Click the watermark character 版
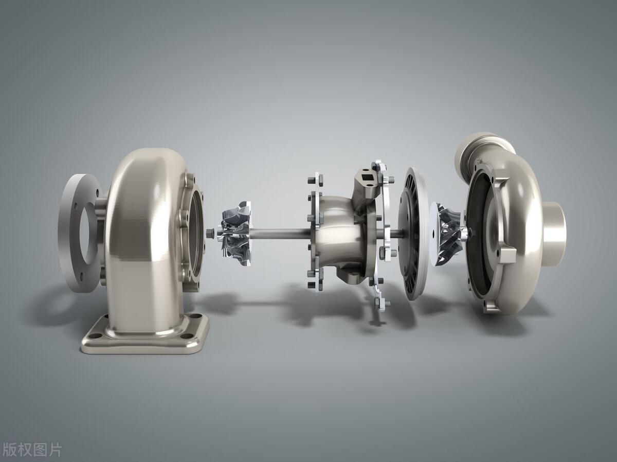click(x=9, y=450)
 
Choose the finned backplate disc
click(x=413, y=234)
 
